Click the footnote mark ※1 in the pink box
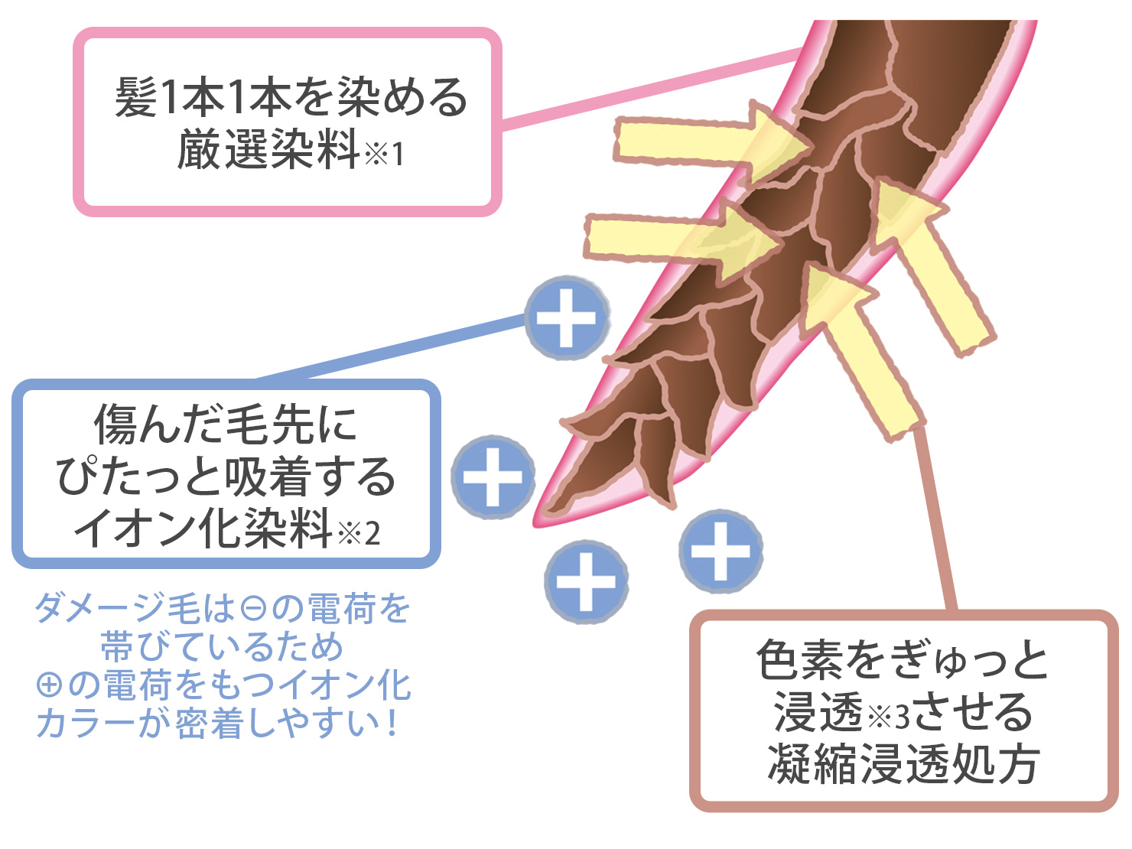[385, 155]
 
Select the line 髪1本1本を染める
[291, 98]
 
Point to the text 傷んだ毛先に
[226, 424]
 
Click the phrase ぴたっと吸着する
[226, 476]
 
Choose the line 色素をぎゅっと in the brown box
[903, 660]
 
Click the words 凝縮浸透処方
[903, 763]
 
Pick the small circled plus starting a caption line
[49, 685]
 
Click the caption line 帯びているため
[222, 647]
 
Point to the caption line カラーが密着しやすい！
[218, 723]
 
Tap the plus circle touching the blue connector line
[567, 318]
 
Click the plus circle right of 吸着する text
[493, 477]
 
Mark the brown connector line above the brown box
[937, 520]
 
